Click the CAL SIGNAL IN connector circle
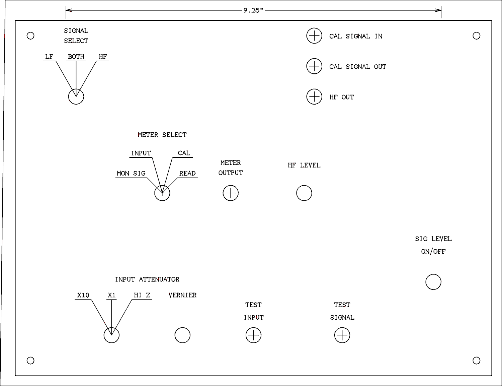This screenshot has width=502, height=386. (314, 36)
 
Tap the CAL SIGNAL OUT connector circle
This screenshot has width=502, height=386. (314, 66)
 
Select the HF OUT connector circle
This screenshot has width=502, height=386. (314, 97)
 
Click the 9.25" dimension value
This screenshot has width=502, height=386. (253, 10)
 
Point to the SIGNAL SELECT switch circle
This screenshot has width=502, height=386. (76, 97)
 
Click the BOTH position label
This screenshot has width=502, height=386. (76, 57)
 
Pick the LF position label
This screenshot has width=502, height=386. (49, 57)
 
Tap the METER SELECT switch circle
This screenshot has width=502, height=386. (162, 193)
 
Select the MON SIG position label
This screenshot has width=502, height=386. (131, 173)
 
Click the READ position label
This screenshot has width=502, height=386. (187, 173)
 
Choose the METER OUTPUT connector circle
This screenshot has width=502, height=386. (231, 193)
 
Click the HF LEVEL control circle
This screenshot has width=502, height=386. (304, 193)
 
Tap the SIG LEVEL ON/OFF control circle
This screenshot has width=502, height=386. (433, 282)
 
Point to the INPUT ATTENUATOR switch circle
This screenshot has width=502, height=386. (111, 335)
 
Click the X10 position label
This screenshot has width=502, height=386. (83, 295)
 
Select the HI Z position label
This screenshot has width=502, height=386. (142, 295)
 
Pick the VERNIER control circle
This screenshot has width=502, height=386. (182, 335)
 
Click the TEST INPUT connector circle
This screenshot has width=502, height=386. (253, 335)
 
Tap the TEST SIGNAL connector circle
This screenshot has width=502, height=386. (342, 335)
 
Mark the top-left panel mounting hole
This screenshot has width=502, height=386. (30, 36)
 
